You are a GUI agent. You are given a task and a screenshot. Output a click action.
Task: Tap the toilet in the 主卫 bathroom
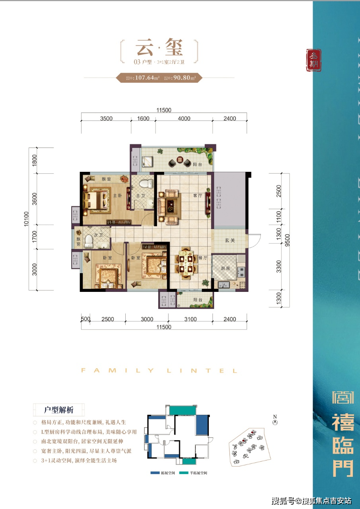coord(148,184)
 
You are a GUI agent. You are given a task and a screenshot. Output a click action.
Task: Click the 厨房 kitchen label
coord(226,268)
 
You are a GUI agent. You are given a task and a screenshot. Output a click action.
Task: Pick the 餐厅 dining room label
coord(203,258)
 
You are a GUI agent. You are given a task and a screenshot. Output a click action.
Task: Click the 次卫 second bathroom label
coord(104,235)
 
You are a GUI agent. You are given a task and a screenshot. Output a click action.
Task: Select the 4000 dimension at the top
coord(184,119)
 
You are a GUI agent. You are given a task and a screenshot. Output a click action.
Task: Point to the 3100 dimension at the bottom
coord(190,319)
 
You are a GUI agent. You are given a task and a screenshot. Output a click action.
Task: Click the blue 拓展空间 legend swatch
coord(155,473)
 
